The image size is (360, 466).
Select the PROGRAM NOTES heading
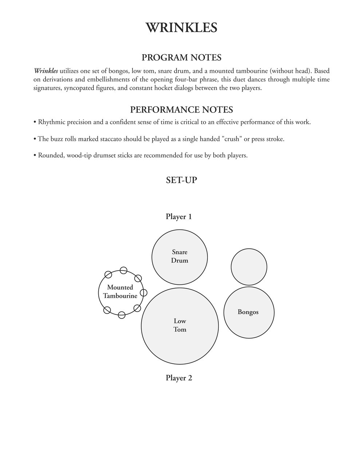[x=181, y=58]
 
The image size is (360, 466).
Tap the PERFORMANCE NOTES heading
[x=181, y=110]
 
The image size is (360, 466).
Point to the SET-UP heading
[x=181, y=180]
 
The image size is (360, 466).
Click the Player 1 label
[x=179, y=217]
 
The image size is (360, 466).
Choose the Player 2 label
[x=179, y=378]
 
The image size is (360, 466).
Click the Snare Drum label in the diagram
[x=180, y=256]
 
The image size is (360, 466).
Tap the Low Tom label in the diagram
[x=180, y=325]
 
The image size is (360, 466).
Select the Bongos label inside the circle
[x=248, y=312]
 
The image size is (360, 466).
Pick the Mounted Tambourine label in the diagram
[x=120, y=292]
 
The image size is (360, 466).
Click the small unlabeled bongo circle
[x=249, y=267]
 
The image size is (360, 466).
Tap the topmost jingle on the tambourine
[x=123, y=270]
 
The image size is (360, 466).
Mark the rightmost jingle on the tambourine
[x=143, y=292]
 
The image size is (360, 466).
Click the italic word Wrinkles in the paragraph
[x=46, y=71]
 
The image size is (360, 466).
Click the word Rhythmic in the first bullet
[x=51, y=122]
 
